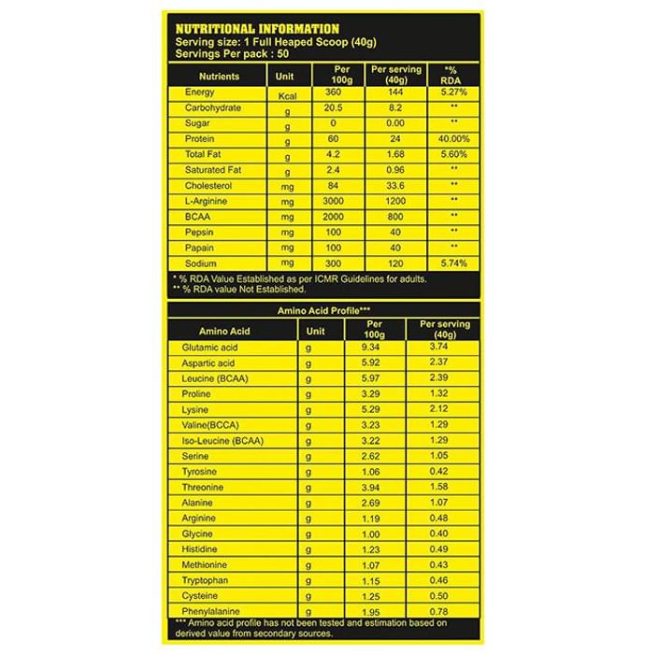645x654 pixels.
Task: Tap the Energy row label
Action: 200,92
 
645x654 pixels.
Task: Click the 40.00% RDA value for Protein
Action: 453,139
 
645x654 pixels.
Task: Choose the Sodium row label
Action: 201,263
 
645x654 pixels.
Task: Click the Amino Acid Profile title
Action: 322,308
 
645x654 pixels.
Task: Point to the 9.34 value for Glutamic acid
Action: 373,347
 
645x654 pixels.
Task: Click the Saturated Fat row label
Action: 213,170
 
